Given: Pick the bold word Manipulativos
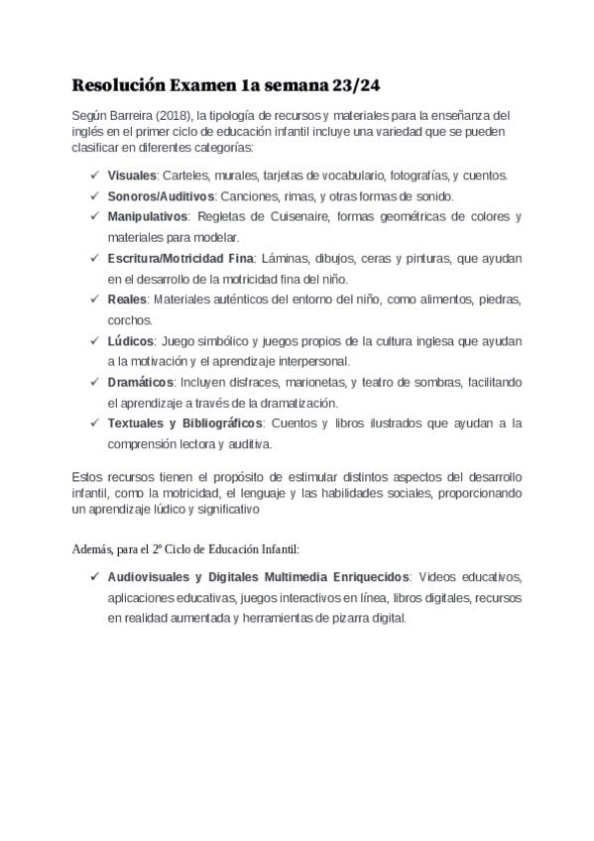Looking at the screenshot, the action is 149,216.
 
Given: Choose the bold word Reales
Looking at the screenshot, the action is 127,300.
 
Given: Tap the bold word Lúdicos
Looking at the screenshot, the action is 131,341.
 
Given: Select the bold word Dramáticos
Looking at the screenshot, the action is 140,382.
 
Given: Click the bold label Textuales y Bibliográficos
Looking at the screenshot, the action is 185,423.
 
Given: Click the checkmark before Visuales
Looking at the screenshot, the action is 93,176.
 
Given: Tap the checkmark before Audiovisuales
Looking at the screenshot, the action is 93,576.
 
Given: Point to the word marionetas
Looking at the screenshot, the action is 313,382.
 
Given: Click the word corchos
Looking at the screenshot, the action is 130,320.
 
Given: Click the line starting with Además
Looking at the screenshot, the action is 185,546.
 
